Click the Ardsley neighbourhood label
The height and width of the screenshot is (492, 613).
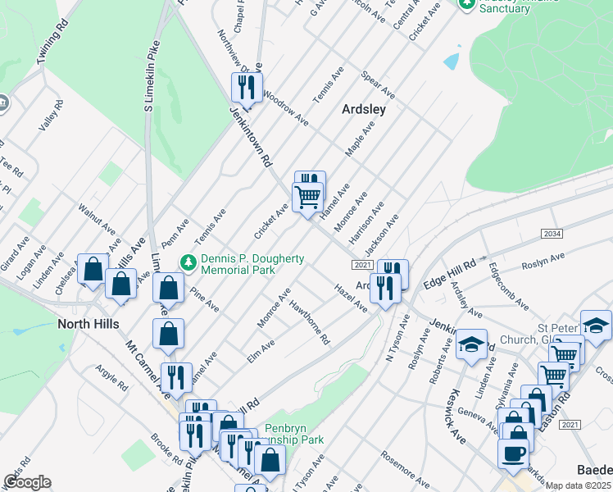coord(364,108)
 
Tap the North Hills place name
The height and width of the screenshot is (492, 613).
coord(88,324)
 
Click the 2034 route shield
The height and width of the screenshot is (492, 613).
coord(552,235)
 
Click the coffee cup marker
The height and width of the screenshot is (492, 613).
coord(513,453)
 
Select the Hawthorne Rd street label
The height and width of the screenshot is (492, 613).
coord(310,322)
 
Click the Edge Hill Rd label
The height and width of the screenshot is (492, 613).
coord(450,275)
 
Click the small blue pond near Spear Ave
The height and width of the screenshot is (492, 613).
coord(452,61)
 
